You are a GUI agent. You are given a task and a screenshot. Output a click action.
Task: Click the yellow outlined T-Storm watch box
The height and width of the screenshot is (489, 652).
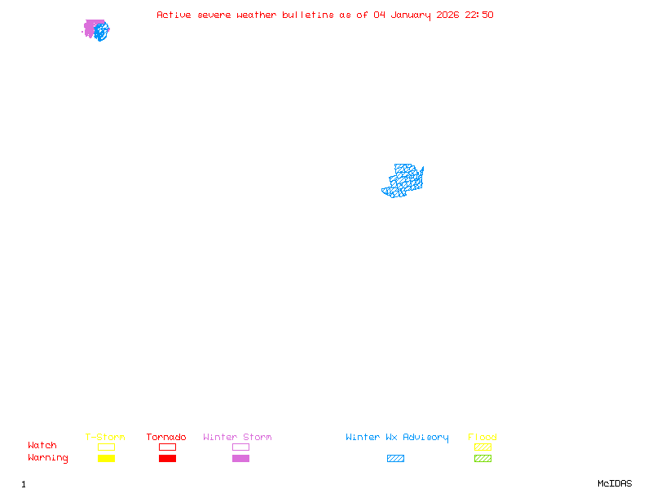[106, 447]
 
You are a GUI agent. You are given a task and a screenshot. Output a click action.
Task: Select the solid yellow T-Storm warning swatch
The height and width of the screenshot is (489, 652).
[106, 458]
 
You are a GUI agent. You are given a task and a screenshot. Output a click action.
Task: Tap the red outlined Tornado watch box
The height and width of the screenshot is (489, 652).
[167, 447]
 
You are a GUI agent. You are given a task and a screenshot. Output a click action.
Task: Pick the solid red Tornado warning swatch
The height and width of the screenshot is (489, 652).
[167, 458]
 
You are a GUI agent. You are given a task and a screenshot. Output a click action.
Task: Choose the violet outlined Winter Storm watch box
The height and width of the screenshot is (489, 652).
[240, 447]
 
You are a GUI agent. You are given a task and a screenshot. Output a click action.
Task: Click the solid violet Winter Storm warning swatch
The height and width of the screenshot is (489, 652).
[240, 458]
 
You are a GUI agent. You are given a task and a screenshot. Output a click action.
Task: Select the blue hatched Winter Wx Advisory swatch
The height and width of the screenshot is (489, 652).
[395, 458]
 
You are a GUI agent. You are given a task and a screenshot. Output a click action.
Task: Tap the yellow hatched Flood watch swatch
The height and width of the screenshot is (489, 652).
[482, 447]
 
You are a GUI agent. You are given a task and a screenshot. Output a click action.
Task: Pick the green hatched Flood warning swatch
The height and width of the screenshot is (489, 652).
[482, 458]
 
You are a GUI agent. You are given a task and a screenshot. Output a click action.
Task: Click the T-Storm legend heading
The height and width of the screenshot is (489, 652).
[105, 437]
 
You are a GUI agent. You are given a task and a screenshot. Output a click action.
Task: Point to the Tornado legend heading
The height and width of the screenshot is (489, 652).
[166, 437]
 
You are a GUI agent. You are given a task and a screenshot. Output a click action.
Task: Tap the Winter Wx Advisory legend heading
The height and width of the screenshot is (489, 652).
[397, 437]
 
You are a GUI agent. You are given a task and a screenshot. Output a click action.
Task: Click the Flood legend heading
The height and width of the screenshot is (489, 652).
[482, 437]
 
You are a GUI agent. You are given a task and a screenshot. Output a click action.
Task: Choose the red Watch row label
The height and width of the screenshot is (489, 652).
[42, 446]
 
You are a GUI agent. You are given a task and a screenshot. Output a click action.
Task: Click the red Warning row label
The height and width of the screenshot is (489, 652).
[48, 458]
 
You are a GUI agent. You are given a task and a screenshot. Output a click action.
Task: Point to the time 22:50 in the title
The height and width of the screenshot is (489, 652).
[479, 15]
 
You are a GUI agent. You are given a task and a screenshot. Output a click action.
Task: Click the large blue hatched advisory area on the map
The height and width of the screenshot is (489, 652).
[403, 181]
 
